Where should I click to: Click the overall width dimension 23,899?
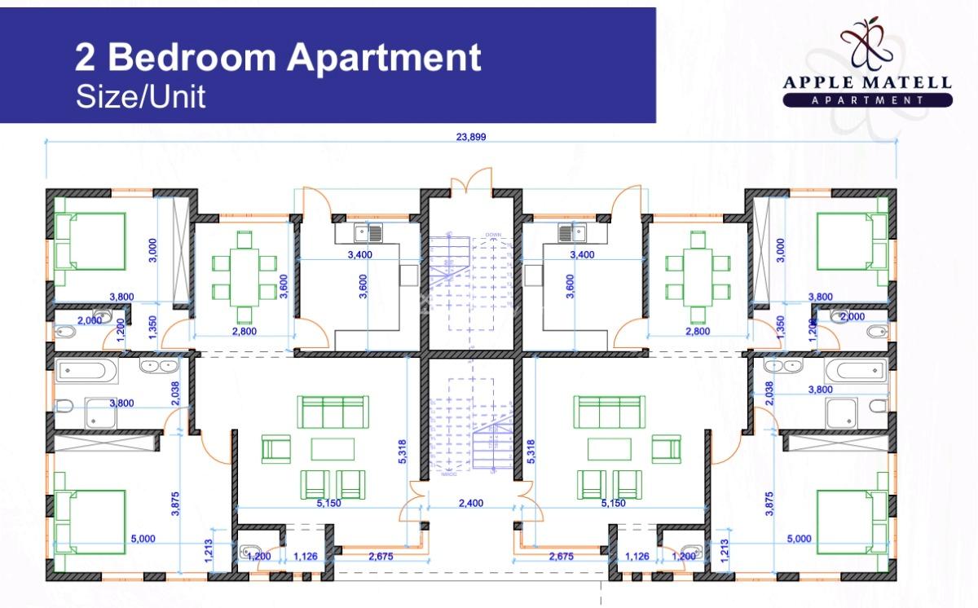tap(471, 137)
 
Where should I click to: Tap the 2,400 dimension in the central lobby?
tap(471, 503)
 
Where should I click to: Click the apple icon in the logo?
tap(867, 45)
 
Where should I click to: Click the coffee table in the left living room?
tap(332, 449)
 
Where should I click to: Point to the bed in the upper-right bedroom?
tap(852, 241)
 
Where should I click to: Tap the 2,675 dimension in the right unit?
tap(560, 557)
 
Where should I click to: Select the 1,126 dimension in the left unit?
tap(304, 557)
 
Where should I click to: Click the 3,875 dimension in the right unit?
tap(767, 507)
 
